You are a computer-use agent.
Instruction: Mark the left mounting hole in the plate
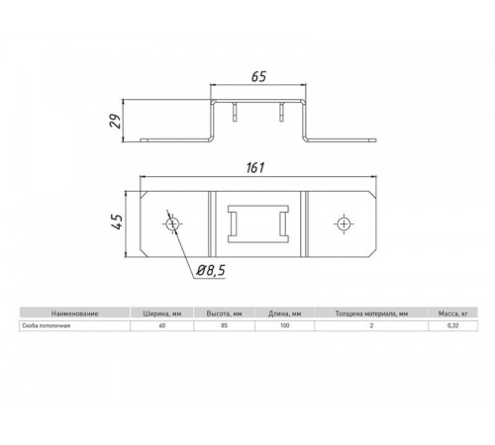coord(174,225)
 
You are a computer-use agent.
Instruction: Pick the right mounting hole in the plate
coord(344,225)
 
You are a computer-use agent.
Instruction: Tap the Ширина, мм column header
coord(160,312)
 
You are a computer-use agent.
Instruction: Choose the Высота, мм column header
coord(222,312)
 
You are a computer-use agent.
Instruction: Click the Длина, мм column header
coord(283,312)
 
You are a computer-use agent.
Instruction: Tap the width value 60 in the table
coord(160,325)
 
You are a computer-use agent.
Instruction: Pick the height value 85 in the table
coord(222,325)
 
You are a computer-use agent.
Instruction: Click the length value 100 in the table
coord(283,325)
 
